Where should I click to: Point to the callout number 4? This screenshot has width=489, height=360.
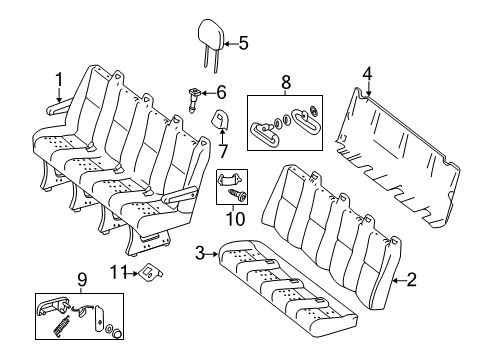tap(367, 72)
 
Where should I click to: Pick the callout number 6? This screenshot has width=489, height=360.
tap(221, 91)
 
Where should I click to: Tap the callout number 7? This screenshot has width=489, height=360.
tap(223, 150)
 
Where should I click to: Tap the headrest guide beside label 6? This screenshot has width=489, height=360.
tap(195, 98)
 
